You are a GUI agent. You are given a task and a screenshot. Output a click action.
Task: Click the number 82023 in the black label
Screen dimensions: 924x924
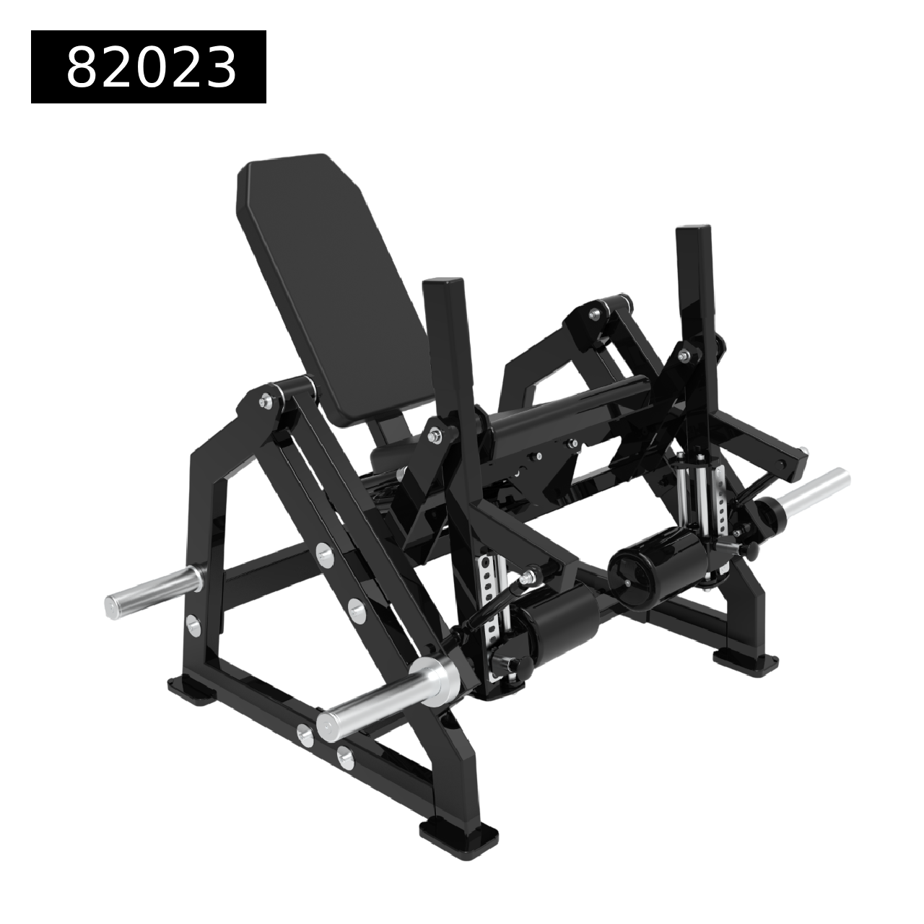click(x=152, y=66)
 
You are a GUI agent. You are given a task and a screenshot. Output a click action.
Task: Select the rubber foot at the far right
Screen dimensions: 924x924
click(x=746, y=661)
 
